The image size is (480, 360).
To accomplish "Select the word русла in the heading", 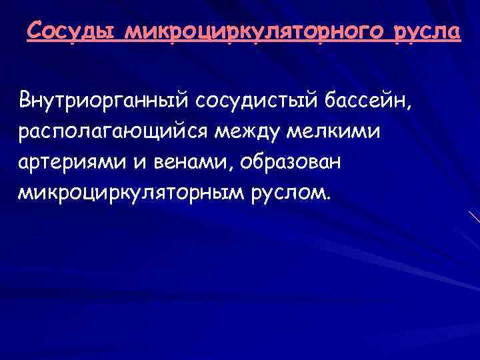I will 427,32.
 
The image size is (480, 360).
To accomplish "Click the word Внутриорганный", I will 104,101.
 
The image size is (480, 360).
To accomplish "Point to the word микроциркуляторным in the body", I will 129,193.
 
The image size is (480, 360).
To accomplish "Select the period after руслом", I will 328,198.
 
